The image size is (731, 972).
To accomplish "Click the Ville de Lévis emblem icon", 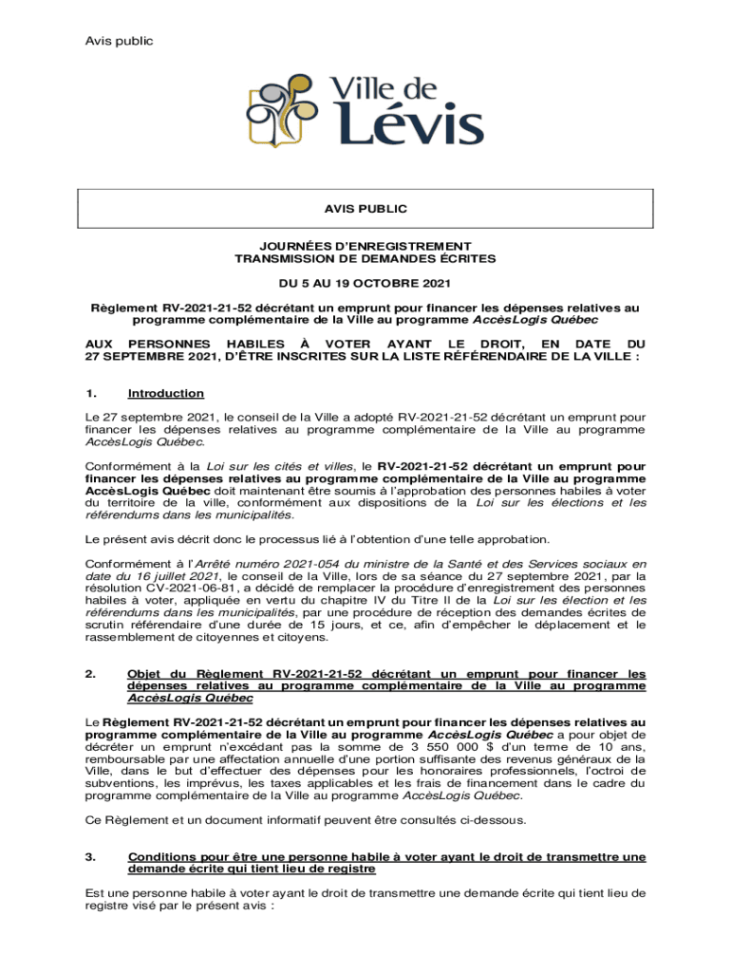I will point(282,112).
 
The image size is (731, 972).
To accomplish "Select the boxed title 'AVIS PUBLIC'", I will point(365,208).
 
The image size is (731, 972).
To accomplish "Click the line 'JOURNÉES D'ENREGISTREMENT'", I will point(365,246).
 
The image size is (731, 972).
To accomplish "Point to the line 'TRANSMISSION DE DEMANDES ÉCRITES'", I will point(365,258).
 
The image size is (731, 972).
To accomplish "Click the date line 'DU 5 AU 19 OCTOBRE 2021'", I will point(365,283).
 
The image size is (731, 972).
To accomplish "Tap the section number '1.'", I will point(91,393).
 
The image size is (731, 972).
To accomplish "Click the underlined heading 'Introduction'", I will point(166,393).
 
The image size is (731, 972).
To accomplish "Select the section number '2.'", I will point(91,674).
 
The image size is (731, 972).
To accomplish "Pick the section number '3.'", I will point(91,857).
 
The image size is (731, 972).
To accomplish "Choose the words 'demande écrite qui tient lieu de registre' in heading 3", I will point(252,869).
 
